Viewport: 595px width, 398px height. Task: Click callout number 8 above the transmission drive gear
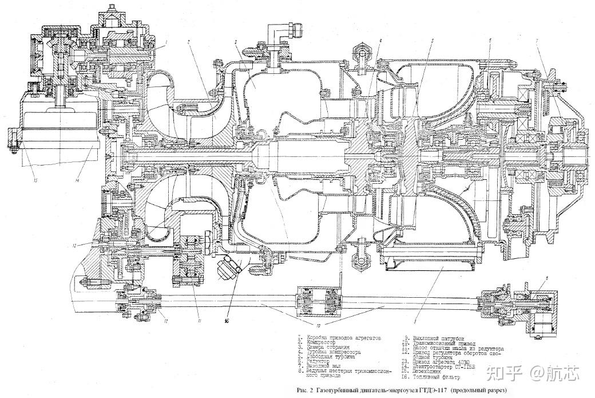pos(548,278)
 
